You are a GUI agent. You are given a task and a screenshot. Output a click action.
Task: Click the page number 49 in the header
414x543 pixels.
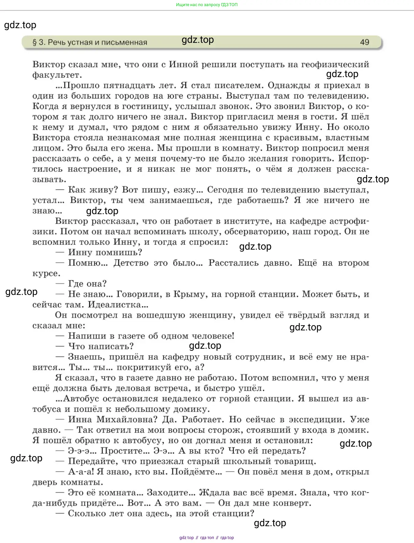point(364,42)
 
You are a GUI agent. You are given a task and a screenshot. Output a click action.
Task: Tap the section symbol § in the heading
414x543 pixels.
point(35,43)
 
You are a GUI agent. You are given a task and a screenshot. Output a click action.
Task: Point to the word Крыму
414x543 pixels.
point(189,294)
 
